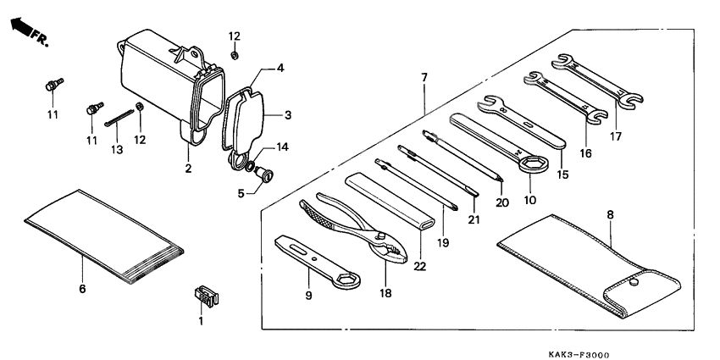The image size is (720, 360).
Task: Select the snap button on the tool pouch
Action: point(632,283)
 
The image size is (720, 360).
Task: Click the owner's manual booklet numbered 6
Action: point(102,233)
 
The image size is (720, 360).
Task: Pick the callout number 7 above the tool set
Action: point(424,78)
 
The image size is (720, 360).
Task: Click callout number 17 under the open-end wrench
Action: point(617,136)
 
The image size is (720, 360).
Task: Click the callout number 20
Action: point(502,202)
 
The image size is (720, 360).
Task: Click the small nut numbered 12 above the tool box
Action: point(235,56)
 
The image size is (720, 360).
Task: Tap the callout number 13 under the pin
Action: point(117,149)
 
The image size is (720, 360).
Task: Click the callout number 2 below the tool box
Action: point(188,169)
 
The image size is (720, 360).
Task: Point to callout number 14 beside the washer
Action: point(282,147)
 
